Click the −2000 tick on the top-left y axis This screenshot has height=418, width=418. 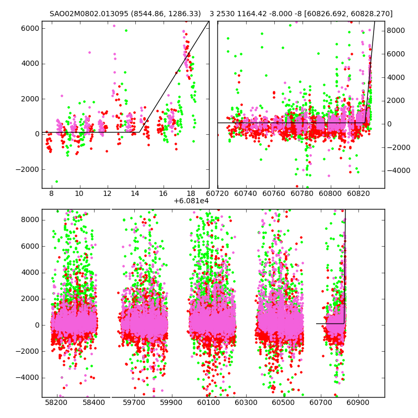(x=26, y=169)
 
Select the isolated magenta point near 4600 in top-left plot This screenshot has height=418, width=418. (x=89, y=52)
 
